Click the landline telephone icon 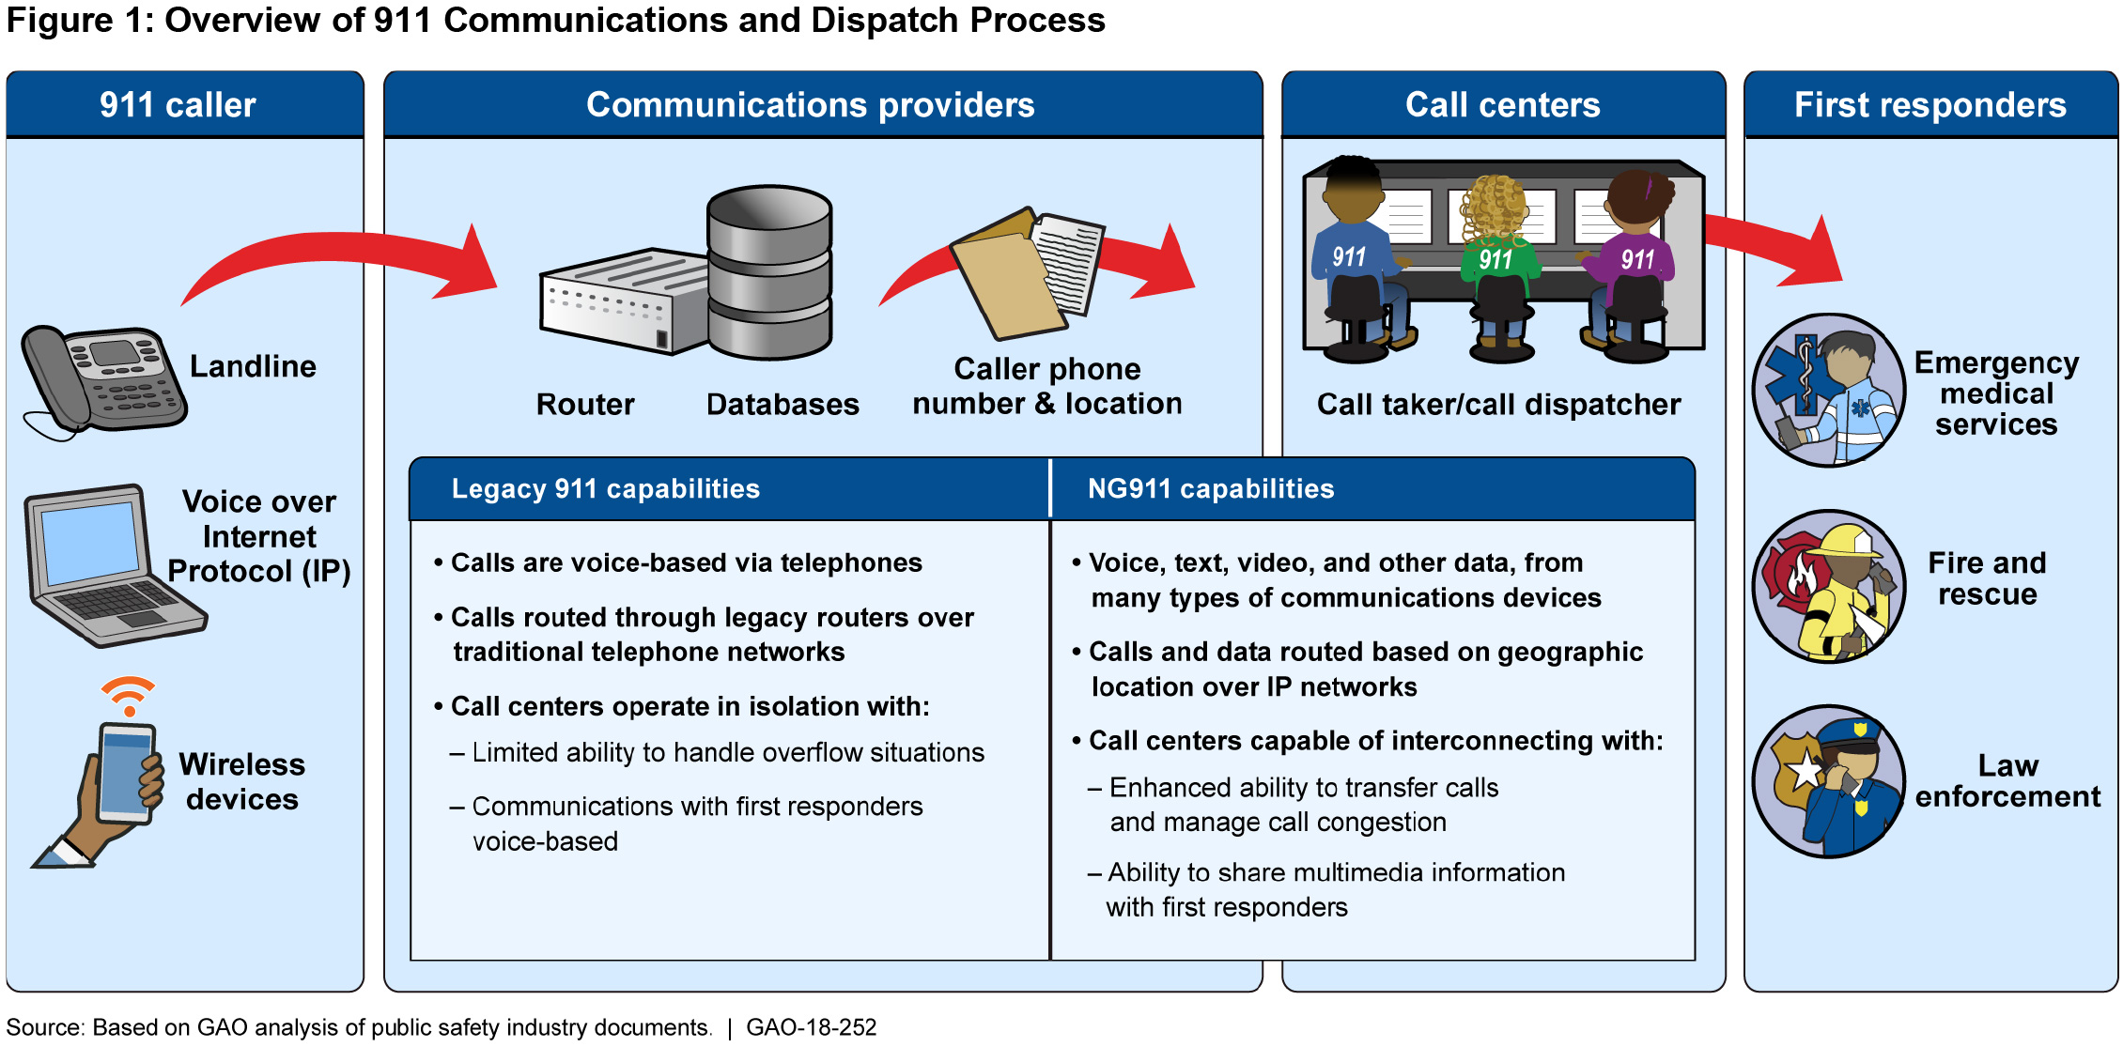coord(103,380)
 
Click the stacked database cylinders coord(769,272)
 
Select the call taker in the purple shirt coord(1635,263)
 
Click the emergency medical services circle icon coord(1828,391)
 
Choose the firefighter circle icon coord(1828,587)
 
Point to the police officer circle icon coord(1828,781)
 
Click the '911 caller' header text coord(178,105)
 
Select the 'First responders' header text coord(1929,105)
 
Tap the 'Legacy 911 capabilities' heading coord(605,489)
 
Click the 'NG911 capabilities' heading coord(1210,489)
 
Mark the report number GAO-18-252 coord(811,1027)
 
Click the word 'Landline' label coord(253,366)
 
